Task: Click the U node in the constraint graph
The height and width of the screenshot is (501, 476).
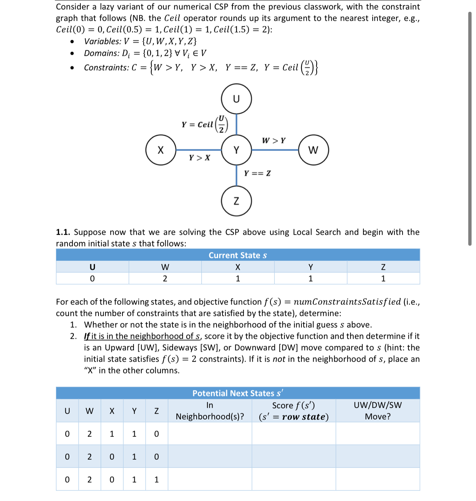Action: (x=236, y=99)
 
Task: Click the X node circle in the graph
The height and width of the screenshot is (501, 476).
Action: (x=161, y=150)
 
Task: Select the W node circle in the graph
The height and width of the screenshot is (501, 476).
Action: (x=313, y=150)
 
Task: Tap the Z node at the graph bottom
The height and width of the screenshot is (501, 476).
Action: (x=236, y=201)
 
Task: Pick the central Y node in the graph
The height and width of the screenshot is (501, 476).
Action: (x=236, y=150)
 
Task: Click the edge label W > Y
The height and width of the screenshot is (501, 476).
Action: (x=274, y=141)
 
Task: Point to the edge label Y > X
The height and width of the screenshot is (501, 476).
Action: (x=200, y=158)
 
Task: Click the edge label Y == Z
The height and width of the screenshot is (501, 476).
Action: (x=257, y=173)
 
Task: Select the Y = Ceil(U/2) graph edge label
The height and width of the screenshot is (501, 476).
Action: (x=205, y=124)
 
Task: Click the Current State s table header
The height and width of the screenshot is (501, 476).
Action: (x=238, y=255)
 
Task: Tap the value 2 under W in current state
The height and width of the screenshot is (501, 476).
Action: (x=165, y=279)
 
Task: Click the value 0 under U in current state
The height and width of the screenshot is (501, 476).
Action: (x=92, y=279)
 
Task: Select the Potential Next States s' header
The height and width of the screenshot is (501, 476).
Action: (x=238, y=393)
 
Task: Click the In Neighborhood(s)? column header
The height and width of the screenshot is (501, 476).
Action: (x=210, y=411)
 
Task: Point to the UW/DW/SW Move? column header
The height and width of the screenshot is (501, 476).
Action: (x=377, y=411)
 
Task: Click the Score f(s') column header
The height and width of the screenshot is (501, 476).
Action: (x=294, y=411)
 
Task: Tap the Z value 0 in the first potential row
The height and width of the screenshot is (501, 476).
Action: (x=156, y=434)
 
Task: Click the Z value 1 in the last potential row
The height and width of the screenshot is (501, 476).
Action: (x=156, y=480)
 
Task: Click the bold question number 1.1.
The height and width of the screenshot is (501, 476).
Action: (x=63, y=232)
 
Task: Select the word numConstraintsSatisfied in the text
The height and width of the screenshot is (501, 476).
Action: (x=347, y=302)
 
